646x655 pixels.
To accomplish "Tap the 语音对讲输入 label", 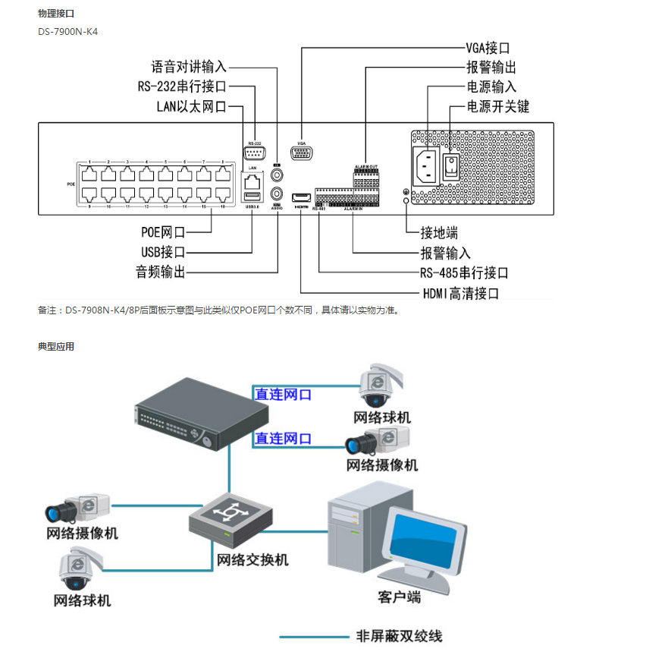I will (189, 67).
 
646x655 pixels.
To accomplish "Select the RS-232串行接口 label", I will (182, 87).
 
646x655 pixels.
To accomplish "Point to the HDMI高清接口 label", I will (460, 293).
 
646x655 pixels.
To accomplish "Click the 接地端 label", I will (439, 233).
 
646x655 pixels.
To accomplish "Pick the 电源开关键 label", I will (497, 107).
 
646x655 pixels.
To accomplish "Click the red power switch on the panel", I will (453, 166).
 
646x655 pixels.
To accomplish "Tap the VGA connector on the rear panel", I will (302, 154).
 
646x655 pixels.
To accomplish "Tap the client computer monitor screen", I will (424, 544).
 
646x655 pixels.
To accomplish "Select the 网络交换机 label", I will (252, 560).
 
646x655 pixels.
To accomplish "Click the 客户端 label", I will (399, 597).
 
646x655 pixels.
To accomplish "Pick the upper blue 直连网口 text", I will (283, 395).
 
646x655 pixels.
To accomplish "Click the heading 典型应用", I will (56, 346).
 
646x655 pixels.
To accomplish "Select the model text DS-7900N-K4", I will (67, 33).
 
